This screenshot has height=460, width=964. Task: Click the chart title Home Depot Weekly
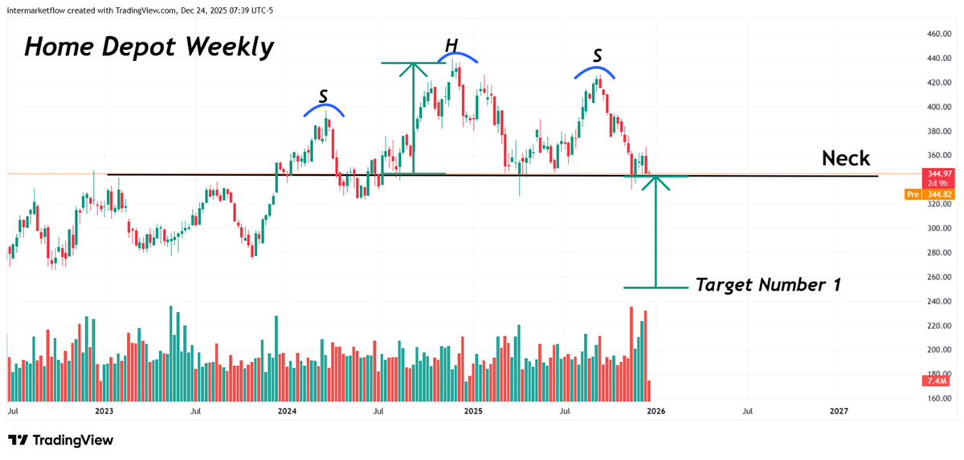(149, 47)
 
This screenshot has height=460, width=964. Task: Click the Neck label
(845, 158)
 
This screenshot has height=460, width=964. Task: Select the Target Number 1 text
(767, 284)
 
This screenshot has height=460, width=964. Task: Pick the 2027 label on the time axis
(839, 411)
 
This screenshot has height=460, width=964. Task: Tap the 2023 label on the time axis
(104, 411)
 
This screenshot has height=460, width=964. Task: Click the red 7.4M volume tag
(934, 381)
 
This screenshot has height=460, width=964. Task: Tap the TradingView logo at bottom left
(61, 440)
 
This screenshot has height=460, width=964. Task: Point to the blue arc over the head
(460, 55)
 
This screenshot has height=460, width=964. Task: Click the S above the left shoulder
(323, 96)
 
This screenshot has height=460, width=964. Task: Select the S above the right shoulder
(597, 55)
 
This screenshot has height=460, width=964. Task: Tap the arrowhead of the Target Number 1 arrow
(656, 181)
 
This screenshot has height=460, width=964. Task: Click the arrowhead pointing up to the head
(413, 68)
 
